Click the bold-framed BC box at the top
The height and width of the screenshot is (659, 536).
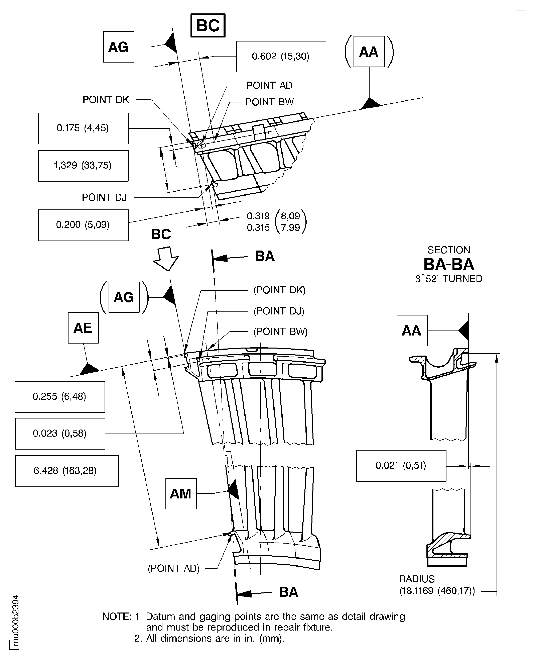tap(208, 25)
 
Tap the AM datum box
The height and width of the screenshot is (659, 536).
tap(181, 493)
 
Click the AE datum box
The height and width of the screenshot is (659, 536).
tap(83, 328)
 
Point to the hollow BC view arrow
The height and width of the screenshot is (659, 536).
tap(166, 258)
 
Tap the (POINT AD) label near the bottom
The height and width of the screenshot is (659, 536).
tap(173, 568)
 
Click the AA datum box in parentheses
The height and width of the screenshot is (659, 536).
tap(369, 52)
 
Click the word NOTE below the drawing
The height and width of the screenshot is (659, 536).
tap(117, 616)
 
